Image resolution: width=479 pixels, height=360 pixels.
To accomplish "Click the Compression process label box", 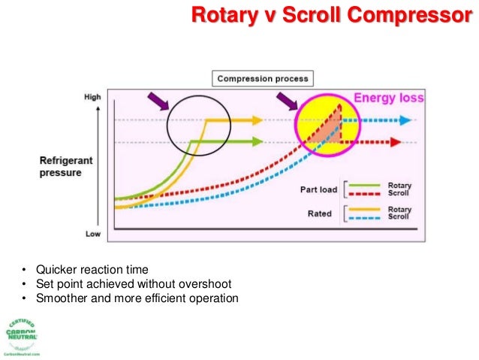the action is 262,78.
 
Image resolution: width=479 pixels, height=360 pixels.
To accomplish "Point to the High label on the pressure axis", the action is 93,97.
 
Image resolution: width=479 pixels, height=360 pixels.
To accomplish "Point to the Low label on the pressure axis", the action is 93,234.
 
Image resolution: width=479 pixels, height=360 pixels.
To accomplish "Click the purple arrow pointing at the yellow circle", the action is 288,101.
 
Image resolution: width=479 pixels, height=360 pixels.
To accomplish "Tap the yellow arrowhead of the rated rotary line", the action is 258,119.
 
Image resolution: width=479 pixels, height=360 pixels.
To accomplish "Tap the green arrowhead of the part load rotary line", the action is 258,141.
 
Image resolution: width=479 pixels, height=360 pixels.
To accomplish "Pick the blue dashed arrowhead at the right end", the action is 405,119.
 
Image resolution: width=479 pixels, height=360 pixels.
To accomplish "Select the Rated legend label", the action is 320,213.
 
